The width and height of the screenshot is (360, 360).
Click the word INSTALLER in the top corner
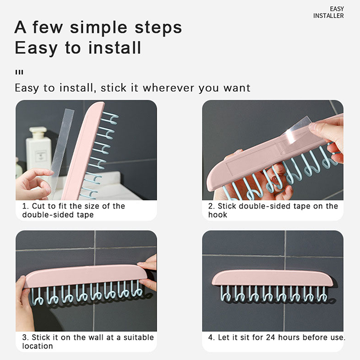click(x=328, y=16)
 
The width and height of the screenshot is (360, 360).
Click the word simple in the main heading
click(x=99, y=28)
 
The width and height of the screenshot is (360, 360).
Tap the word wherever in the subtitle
click(x=168, y=88)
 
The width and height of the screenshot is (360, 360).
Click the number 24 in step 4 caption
click(x=270, y=337)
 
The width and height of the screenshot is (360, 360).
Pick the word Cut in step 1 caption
click(x=38, y=206)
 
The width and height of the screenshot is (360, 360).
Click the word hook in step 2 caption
click(x=218, y=215)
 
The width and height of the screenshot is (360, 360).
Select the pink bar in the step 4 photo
click(x=272, y=278)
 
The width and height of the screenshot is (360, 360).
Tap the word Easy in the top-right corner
click(x=337, y=9)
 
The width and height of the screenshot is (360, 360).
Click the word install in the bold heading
click(x=115, y=48)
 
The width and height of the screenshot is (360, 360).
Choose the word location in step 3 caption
click(x=37, y=346)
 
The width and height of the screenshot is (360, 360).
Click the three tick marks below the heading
click(x=19, y=72)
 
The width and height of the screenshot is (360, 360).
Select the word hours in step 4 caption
click(x=289, y=337)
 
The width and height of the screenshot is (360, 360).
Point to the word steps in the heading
click(x=158, y=28)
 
